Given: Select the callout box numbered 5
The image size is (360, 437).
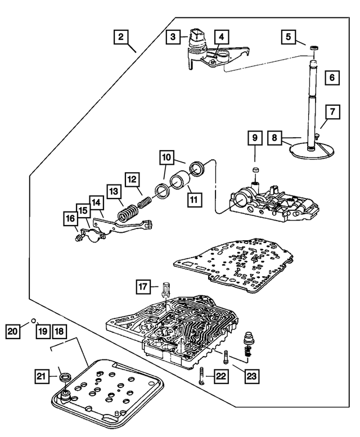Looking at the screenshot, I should (288, 37).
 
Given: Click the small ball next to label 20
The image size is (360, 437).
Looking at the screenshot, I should (33, 321).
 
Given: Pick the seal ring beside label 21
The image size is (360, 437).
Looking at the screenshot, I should (65, 375).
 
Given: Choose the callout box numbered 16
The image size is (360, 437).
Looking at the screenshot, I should (71, 218).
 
